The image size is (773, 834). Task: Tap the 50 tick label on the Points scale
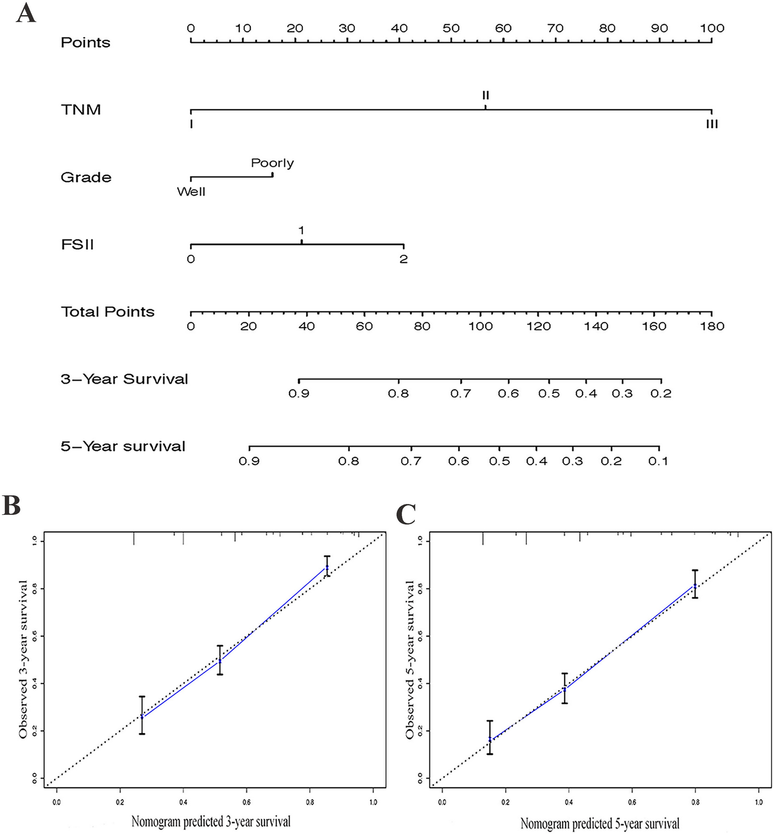(451, 28)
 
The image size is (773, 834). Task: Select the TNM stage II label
(485, 95)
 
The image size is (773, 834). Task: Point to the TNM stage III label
(711, 125)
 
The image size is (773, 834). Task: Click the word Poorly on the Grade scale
(272, 163)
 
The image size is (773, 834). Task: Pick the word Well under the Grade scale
(191, 192)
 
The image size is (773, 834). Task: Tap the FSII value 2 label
(403, 259)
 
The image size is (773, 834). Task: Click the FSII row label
(77, 245)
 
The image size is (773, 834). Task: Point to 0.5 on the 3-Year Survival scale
(549, 394)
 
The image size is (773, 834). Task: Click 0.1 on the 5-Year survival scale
(658, 461)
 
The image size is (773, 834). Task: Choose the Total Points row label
(107, 312)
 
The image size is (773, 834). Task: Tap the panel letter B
(12, 506)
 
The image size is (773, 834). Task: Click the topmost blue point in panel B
(327, 567)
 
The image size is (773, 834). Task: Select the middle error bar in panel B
(220, 661)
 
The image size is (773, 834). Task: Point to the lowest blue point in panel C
(490, 740)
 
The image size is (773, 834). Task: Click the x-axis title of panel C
(600, 824)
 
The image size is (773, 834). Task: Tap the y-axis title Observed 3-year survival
(23, 660)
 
